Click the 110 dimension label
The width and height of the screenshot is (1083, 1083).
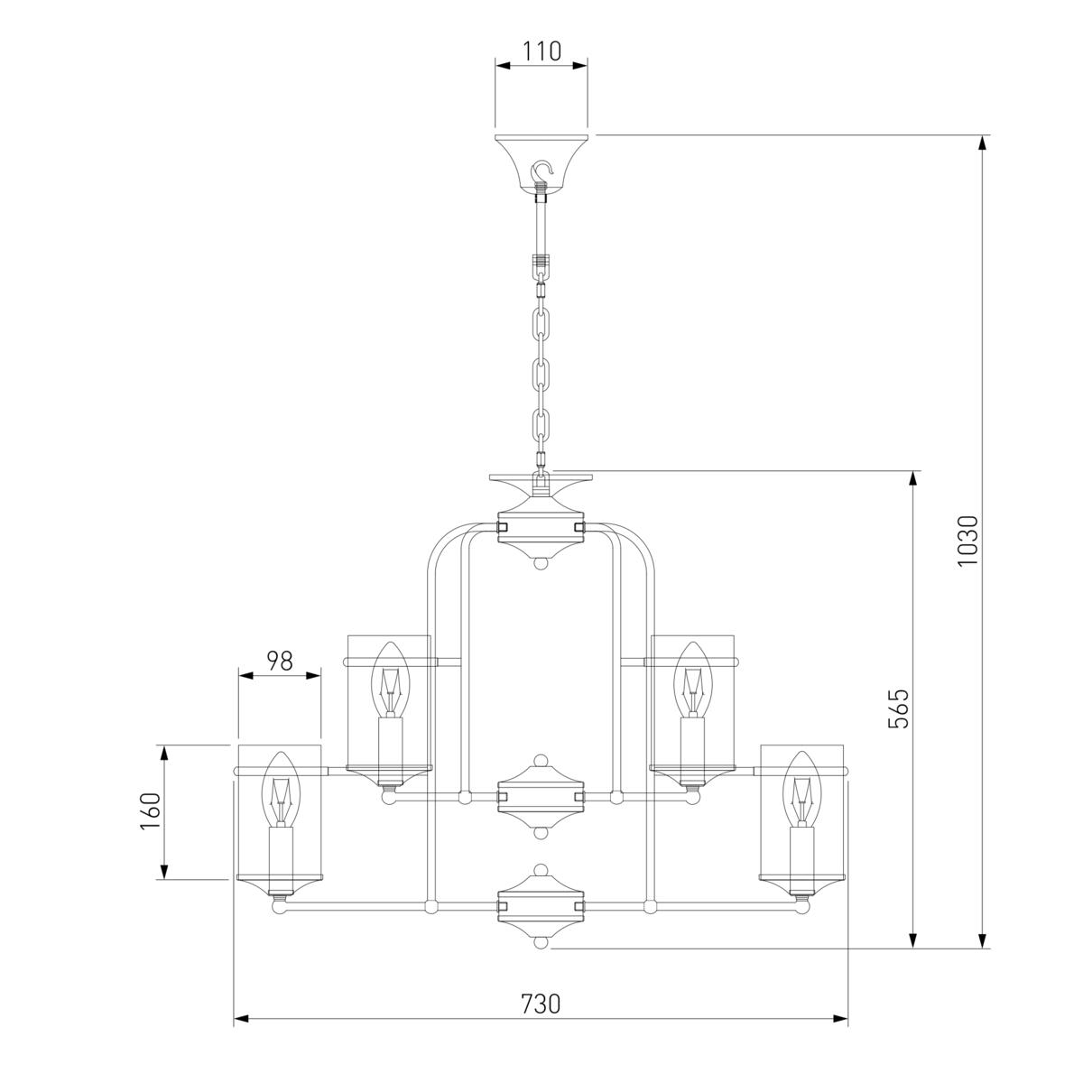(x=541, y=51)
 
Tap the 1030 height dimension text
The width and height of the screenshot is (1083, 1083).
(x=967, y=541)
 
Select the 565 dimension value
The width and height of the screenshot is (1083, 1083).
(x=898, y=709)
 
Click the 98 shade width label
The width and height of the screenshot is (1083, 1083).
(x=279, y=662)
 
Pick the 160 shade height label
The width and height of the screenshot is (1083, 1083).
(x=151, y=811)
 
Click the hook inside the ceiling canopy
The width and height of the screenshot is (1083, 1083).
(x=541, y=173)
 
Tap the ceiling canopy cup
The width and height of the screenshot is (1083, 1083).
(x=541, y=164)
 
